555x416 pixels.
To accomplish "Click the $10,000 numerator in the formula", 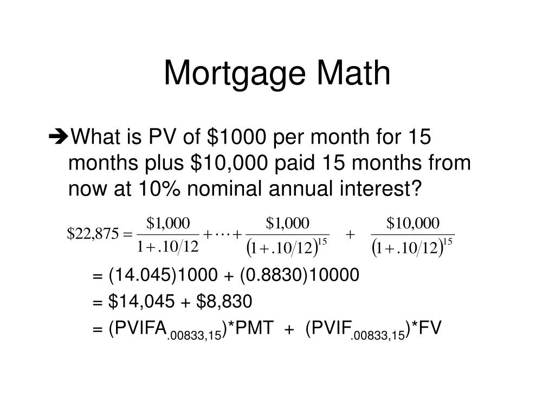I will click(412, 223).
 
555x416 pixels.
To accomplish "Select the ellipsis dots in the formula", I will click(222, 234).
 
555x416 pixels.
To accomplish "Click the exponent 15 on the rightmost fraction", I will click(448, 241).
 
